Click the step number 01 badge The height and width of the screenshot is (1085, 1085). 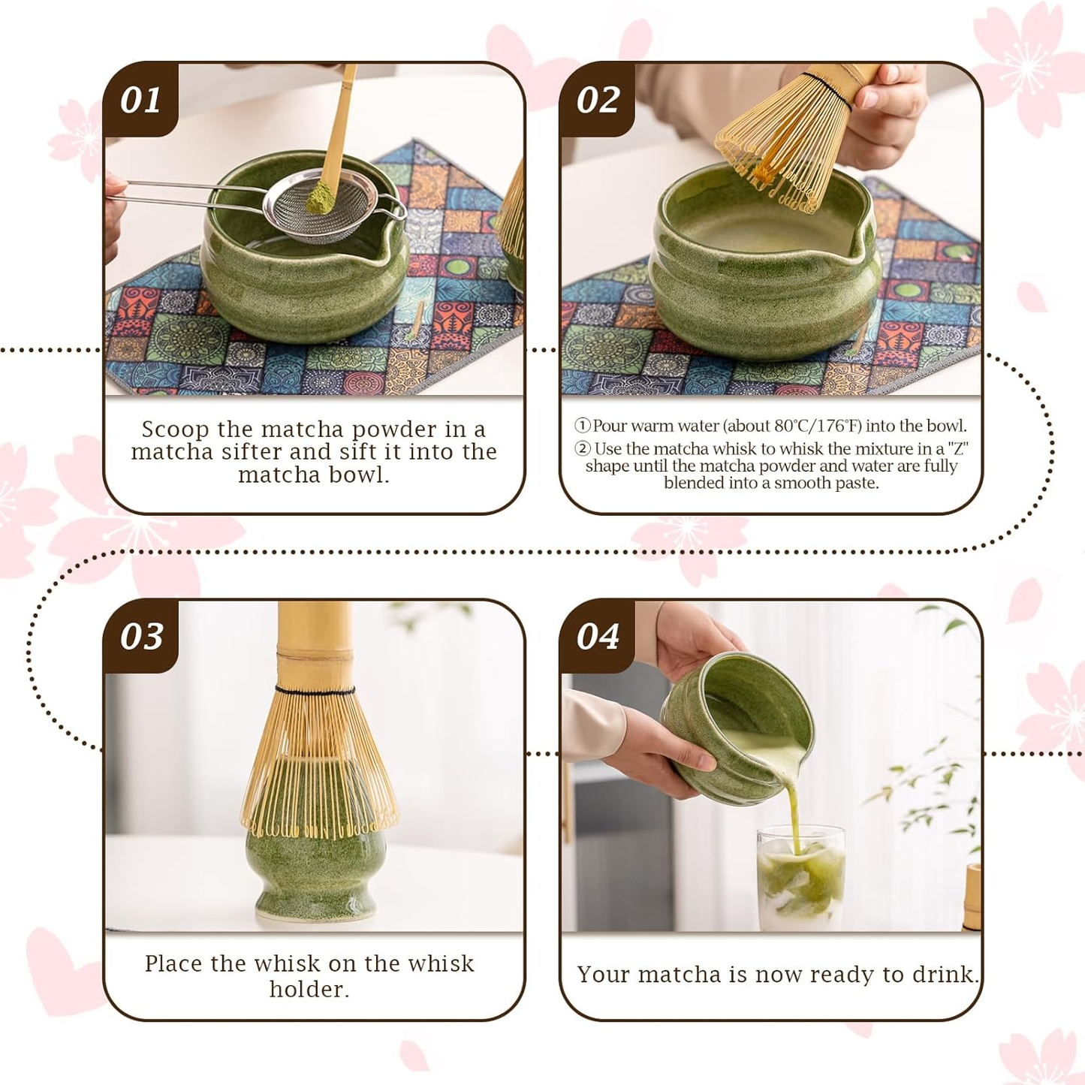140,100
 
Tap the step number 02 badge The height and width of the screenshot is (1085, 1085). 598,100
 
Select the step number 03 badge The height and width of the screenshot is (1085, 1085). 141,636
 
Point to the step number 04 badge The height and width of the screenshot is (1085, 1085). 598,636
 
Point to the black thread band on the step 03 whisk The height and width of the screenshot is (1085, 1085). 315,690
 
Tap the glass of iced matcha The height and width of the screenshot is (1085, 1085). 800,879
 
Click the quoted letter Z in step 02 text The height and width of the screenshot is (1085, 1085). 957,449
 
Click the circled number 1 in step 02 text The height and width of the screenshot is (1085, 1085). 583,426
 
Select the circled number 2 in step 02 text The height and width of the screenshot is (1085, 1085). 583,449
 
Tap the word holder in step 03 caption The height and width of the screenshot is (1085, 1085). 309,989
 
